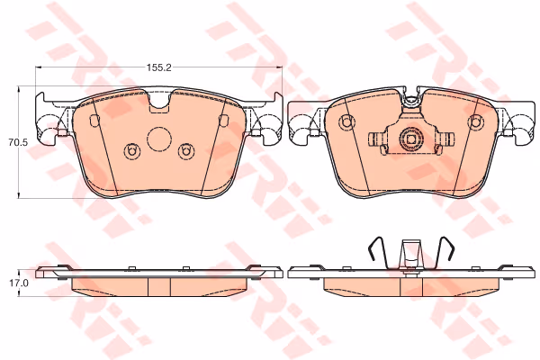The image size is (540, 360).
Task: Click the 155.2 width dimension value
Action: coord(159,67)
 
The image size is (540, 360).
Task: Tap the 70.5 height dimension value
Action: coord(18,142)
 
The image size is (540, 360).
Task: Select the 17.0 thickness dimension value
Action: coord(19,283)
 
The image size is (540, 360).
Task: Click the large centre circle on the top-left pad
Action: coord(159,139)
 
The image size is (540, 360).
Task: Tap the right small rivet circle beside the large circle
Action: coord(186,151)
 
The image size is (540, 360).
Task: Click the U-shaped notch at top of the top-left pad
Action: coord(160,102)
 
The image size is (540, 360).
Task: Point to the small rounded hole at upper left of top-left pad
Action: coord(94,120)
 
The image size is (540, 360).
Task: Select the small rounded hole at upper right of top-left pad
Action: coord(224,120)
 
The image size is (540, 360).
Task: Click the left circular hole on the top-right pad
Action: coord(346,122)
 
